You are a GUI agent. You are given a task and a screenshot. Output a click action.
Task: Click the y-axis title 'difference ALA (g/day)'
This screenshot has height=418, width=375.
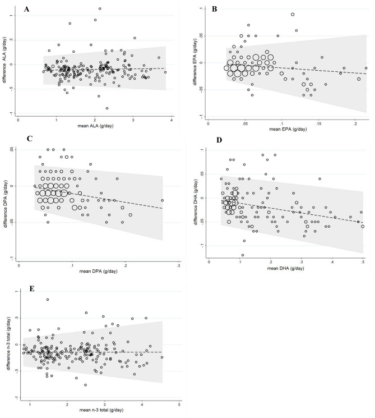point(7,60)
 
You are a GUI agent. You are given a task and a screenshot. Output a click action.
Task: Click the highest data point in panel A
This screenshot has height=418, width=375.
point(100,8)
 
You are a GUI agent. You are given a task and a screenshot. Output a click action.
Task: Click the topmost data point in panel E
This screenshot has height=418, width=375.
point(48,300)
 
